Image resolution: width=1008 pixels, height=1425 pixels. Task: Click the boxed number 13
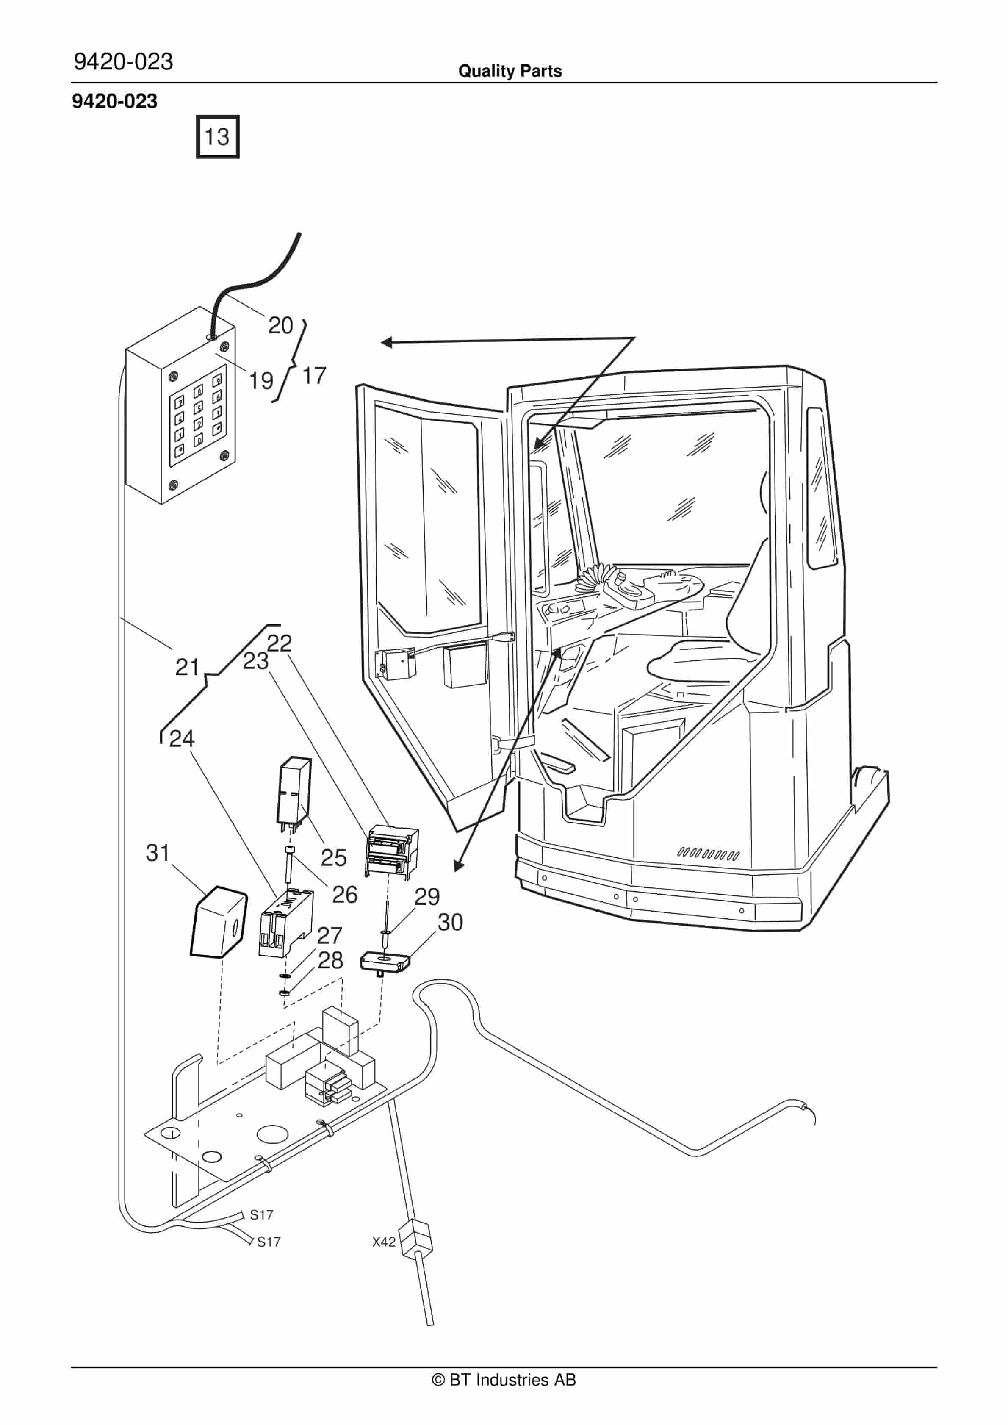click(217, 136)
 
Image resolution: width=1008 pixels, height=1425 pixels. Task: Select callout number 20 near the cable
click(280, 325)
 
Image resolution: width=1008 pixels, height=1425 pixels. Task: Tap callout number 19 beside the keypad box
click(261, 380)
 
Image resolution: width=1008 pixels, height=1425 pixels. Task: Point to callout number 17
click(314, 375)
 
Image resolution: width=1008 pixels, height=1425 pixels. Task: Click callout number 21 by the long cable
click(187, 667)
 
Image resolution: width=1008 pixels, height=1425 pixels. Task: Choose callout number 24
click(182, 739)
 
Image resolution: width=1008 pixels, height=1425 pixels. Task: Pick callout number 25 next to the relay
click(333, 858)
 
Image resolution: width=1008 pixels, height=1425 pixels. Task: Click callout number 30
click(450, 922)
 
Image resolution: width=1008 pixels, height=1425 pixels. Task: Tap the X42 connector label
click(384, 1242)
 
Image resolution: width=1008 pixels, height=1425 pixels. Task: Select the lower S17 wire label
click(269, 1242)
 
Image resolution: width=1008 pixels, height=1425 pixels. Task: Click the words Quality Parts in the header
click(510, 71)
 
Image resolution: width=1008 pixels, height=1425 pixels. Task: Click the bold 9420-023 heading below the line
click(115, 101)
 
